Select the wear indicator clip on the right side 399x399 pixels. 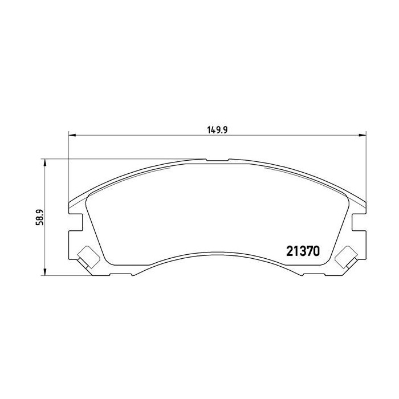tap(346, 256)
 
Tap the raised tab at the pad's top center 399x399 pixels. tap(217, 160)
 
